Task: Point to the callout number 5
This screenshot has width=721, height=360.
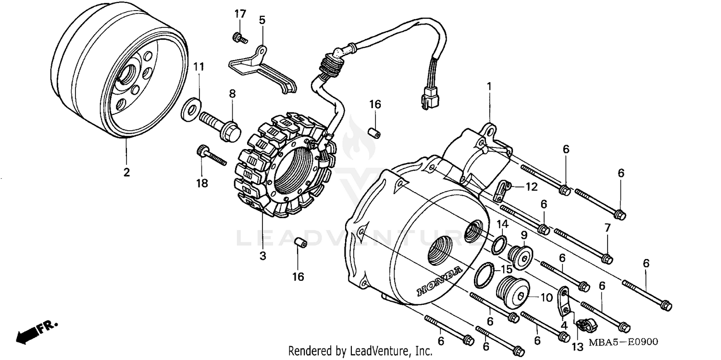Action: pos(262,20)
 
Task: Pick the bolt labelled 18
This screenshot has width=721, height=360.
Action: pos(211,157)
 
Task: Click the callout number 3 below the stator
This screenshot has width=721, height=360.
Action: pos(262,256)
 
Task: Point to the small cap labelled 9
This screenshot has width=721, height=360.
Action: pos(521,257)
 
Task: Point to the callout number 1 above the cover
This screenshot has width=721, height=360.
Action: pos(489,87)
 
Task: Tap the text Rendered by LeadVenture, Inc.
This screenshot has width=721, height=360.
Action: pos(360,351)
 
